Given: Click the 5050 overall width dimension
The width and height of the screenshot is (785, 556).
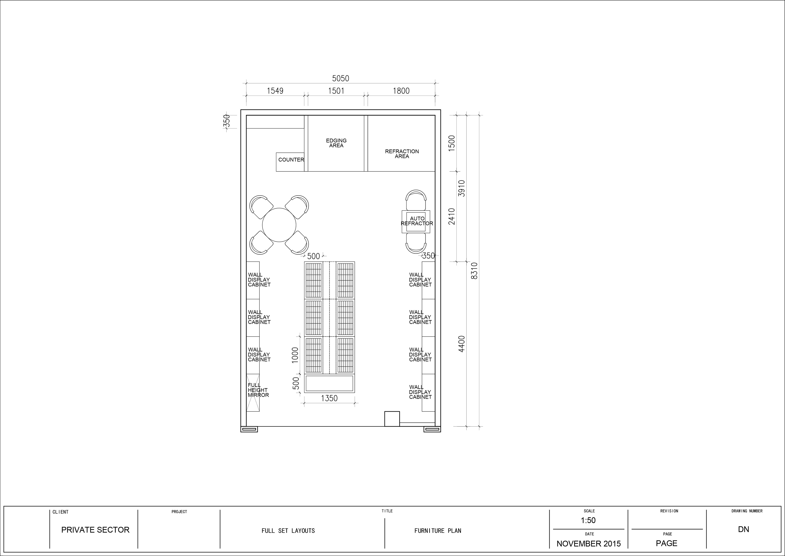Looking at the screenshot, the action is click(x=341, y=78).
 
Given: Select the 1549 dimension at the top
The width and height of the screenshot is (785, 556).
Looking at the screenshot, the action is click(x=275, y=91).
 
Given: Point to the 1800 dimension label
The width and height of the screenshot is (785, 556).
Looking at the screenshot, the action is click(x=401, y=91).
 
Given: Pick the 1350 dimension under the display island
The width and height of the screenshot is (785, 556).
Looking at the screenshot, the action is click(x=329, y=398).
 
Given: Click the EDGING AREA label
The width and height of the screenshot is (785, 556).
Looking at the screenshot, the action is click(x=336, y=143).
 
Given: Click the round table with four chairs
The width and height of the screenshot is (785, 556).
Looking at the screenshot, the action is click(x=279, y=225).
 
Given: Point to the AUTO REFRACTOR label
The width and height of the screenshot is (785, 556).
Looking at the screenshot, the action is click(x=417, y=221).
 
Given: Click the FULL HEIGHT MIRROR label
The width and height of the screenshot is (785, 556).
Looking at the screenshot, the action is click(x=258, y=390).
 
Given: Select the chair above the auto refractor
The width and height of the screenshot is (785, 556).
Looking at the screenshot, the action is click(x=416, y=200).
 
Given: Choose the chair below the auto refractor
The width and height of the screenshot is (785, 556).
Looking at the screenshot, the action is click(x=416, y=243).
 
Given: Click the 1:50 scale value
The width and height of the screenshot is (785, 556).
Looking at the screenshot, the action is click(x=588, y=520).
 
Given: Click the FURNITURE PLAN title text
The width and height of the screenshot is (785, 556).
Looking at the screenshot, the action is click(x=438, y=531).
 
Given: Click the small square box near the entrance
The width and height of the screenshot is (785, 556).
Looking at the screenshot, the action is click(x=392, y=419).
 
